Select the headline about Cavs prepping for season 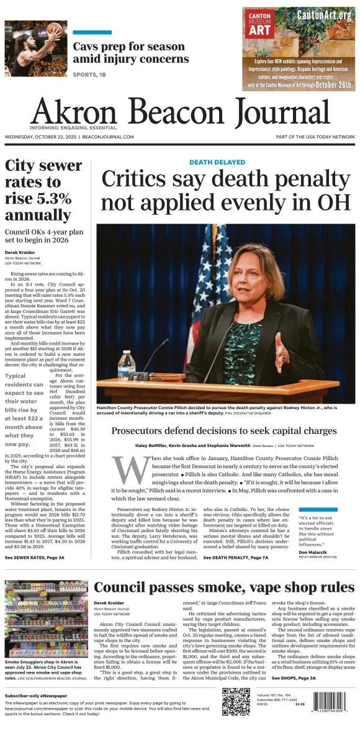click(x=130, y=53)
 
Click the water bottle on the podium click(x=126, y=366)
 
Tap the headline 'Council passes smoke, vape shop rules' click(x=224, y=587)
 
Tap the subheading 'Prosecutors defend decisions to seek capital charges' click(x=223, y=431)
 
